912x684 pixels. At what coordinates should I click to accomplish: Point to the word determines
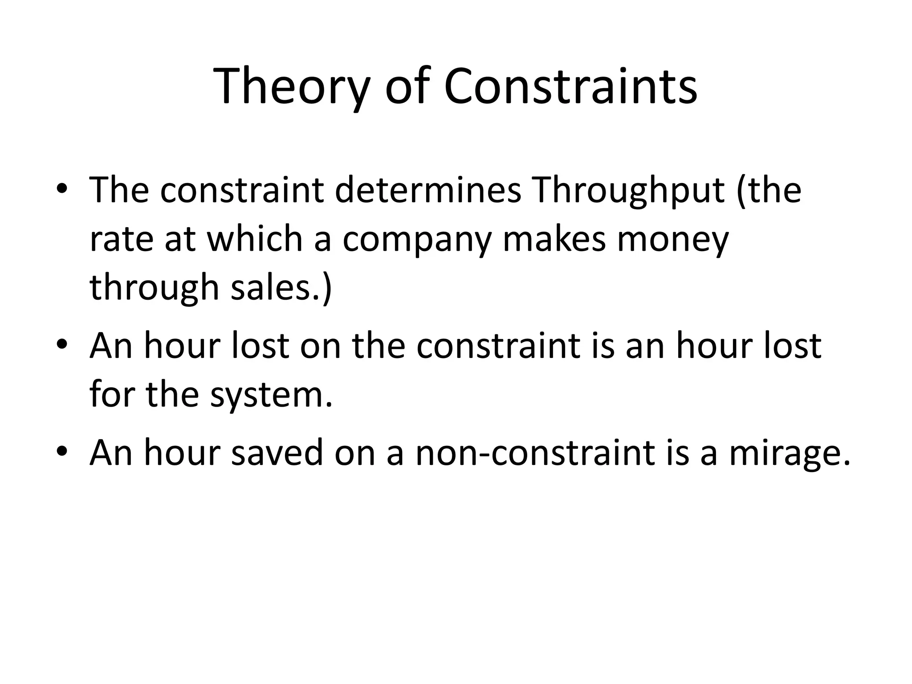click(x=427, y=190)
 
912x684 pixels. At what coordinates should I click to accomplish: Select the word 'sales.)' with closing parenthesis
click(x=281, y=288)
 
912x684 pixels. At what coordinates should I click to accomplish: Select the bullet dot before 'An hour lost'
click(x=62, y=346)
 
